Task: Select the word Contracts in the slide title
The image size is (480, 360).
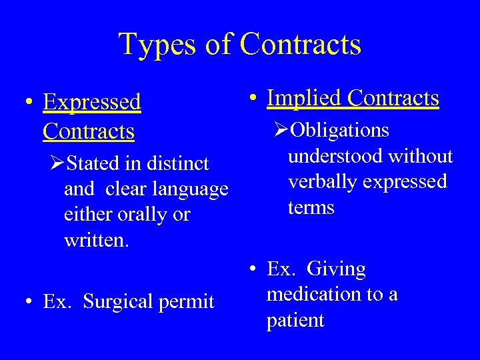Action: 301,45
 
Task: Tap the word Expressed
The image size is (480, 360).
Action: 92,102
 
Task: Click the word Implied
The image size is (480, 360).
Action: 304,98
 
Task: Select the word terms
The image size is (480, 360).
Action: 311,207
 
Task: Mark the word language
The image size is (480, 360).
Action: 191,189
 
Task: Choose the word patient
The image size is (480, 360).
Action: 295,321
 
